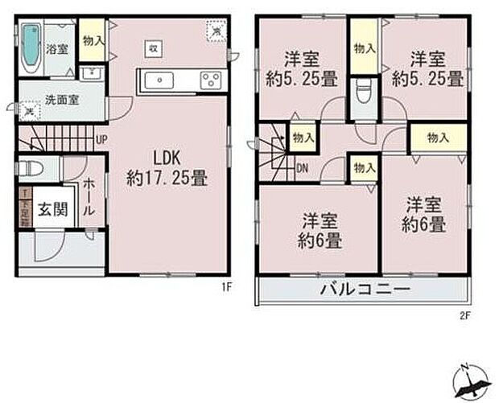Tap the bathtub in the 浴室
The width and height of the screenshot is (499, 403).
coord(31,47)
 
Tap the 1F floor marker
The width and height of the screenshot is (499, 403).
coord(227,286)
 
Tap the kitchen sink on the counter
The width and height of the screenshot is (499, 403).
coord(160,80)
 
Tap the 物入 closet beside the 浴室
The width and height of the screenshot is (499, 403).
coord(92,41)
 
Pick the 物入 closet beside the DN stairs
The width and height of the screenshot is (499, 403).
coord(303,138)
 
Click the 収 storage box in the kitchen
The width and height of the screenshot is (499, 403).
coord(151,48)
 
